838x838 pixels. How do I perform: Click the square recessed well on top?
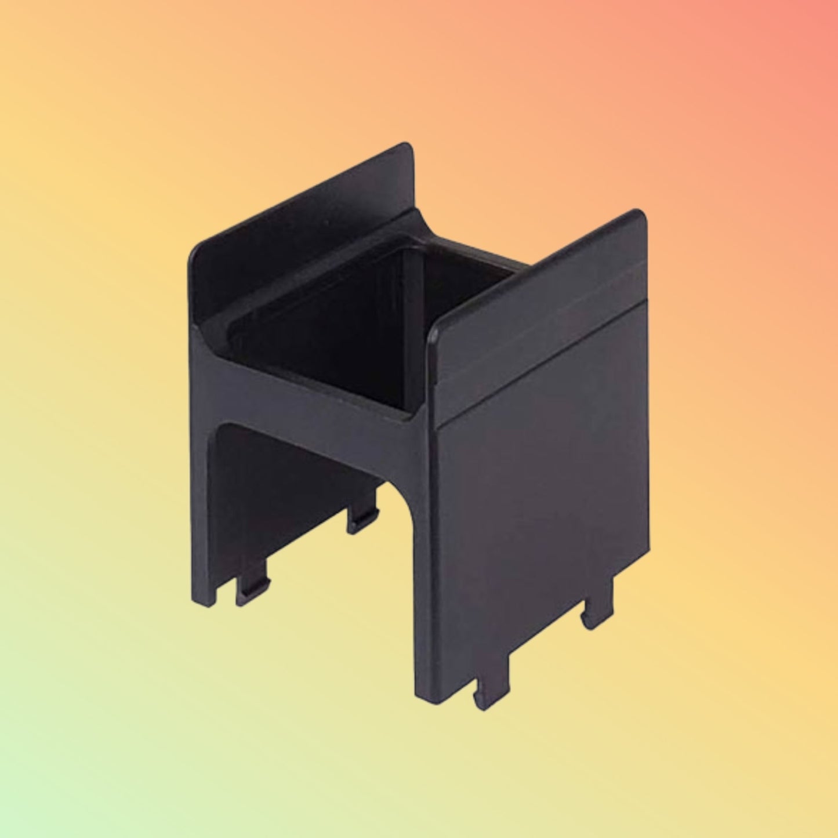371,325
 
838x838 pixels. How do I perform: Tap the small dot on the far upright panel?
326,223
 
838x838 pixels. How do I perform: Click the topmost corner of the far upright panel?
406,146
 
